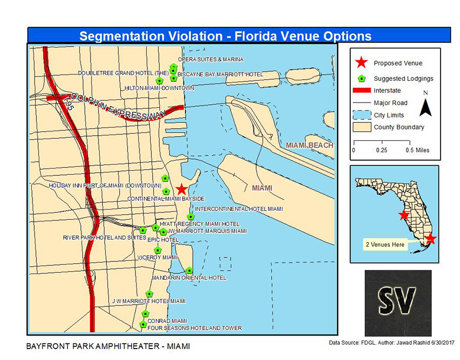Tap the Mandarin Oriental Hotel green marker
[x=190, y=271]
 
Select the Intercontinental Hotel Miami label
[x=239, y=209]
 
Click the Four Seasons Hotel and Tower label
[x=194, y=328]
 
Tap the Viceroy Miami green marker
[x=158, y=250]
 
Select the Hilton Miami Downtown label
[x=159, y=88]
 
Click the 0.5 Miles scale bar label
[x=418, y=150]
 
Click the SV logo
[x=397, y=299]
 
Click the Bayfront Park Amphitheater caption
[x=108, y=346]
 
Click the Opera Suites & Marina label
[x=211, y=59]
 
